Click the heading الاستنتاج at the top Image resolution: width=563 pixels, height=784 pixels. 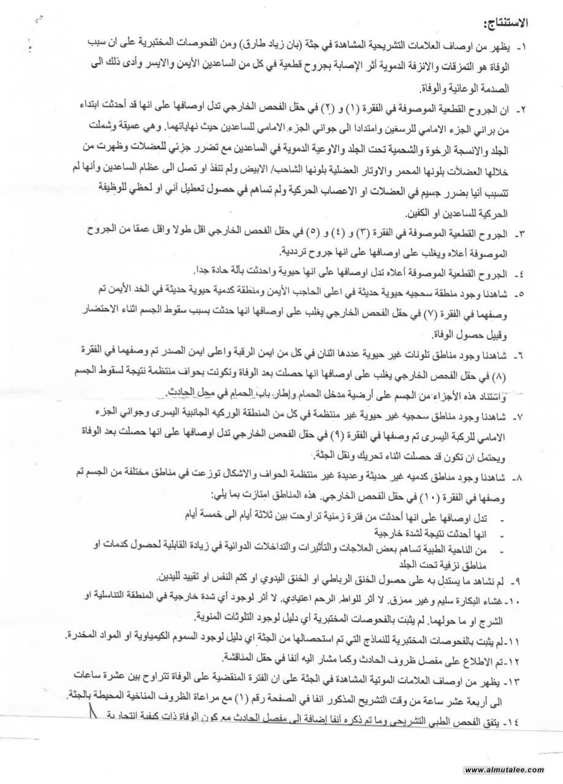point(504,25)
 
